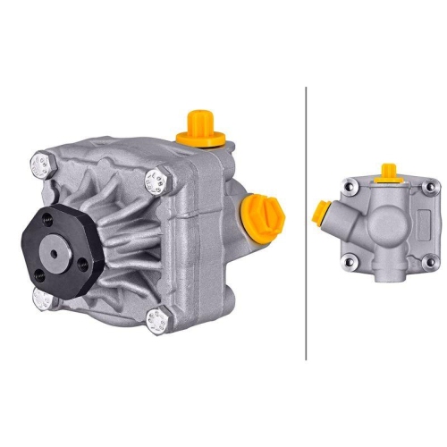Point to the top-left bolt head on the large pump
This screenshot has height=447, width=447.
tap(40, 164)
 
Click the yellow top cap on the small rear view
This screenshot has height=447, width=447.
tap(388, 172)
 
